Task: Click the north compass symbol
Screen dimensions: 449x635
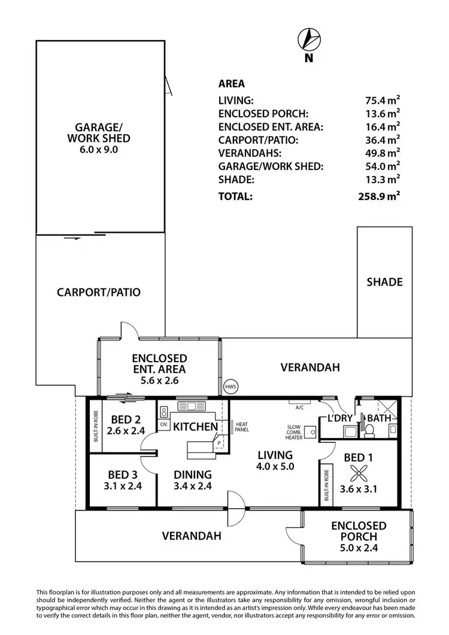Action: [309, 40]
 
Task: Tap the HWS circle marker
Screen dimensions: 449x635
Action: [230, 387]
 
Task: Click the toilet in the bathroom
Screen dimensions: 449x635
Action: [370, 429]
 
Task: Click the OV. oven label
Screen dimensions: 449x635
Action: [163, 424]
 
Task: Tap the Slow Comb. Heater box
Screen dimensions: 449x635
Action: [311, 432]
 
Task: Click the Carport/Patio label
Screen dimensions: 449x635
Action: [99, 293]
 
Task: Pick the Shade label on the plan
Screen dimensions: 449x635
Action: [384, 282]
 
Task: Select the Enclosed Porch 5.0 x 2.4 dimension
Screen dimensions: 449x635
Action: [359, 547]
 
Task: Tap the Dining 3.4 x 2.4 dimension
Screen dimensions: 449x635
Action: [192, 486]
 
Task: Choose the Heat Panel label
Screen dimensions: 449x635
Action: [242, 427]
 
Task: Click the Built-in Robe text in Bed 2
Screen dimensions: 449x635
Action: [96, 426]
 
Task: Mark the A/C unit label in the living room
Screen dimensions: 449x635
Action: [299, 407]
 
